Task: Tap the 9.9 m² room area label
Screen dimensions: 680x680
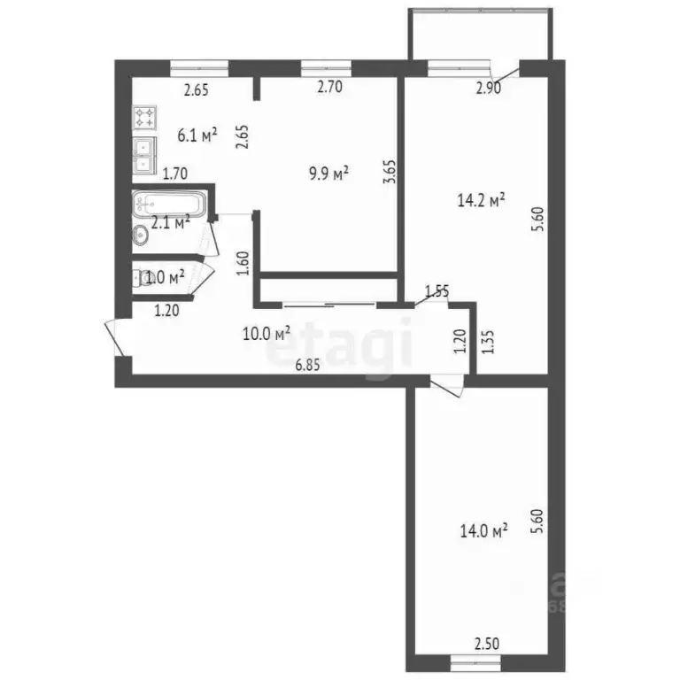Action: point(328,173)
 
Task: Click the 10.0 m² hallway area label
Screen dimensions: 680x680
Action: point(267,333)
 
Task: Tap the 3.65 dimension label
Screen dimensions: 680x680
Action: point(388,171)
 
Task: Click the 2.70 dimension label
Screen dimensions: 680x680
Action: point(330,88)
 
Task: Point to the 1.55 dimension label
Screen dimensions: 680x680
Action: point(437,290)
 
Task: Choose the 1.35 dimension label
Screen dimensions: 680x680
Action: point(487,341)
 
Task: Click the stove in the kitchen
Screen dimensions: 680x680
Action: point(145,116)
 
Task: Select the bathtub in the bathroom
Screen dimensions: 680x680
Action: point(168,206)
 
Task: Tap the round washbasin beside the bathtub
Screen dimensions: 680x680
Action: point(140,234)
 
